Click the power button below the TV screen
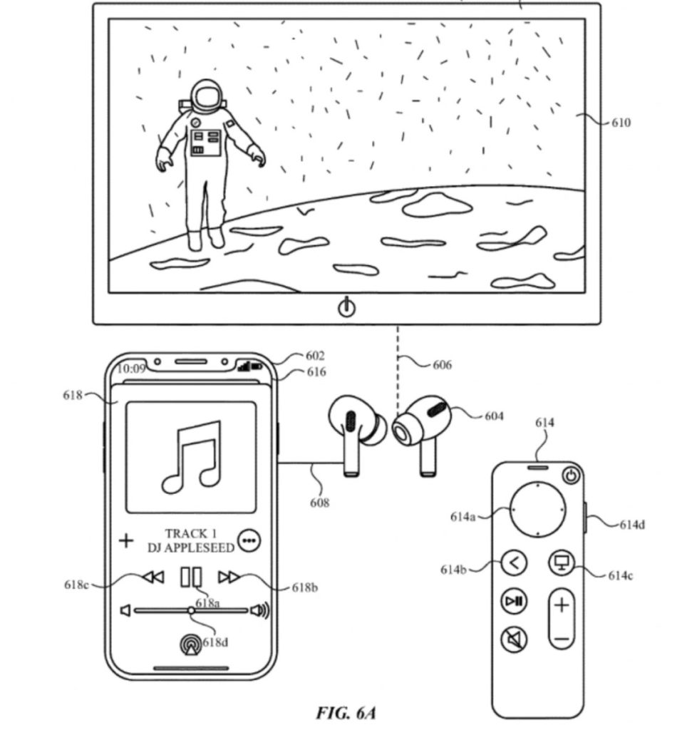pyautogui.click(x=346, y=308)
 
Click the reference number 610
pyautogui.click(x=620, y=123)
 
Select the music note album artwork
pyautogui.click(x=190, y=457)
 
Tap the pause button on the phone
pyautogui.click(x=191, y=577)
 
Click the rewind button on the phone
pyautogui.click(x=153, y=577)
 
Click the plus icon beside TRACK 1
pyautogui.click(x=126, y=540)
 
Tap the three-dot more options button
pyautogui.click(x=249, y=540)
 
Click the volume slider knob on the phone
pyautogui.click(x=191, y=610)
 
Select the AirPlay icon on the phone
pyautogui.click(x=191, y=644)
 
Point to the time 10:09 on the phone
pyautogui.click(x=130, y=369)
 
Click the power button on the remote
pyautogui.click(x=571, y=475)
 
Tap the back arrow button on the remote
pyautogui.click(x=514, y=563)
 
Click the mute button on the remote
pyautogui.click(x=514, y=639)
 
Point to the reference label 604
pyautogui.click(x=493, y=416)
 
